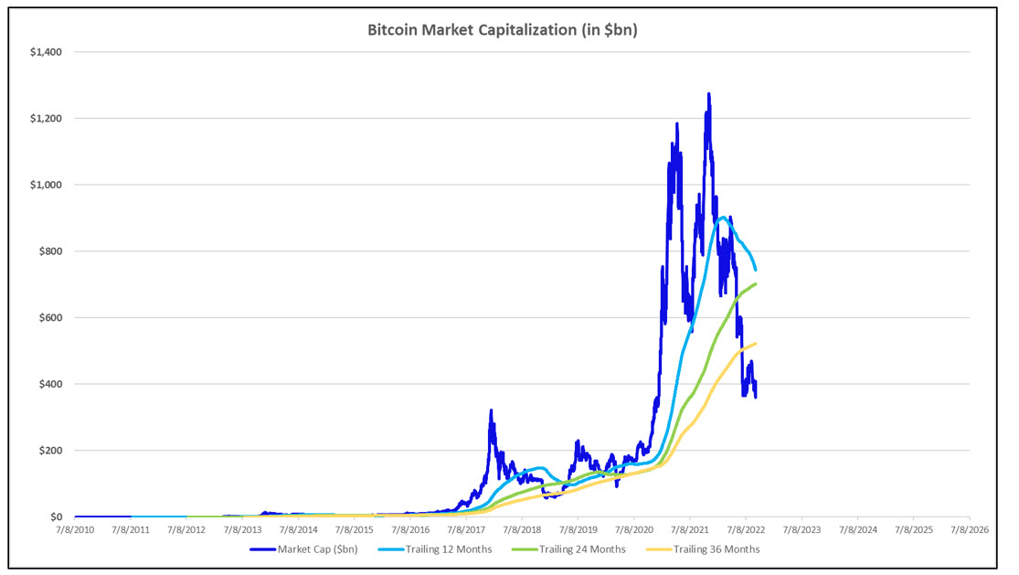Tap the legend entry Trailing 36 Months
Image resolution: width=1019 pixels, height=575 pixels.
716,549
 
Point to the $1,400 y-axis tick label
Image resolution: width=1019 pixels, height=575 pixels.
45,52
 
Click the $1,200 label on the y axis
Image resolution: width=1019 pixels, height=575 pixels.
45,119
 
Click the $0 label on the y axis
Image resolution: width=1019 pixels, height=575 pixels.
55,517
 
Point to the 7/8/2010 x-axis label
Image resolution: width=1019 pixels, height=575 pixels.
76,529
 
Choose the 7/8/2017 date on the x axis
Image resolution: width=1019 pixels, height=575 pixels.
466,529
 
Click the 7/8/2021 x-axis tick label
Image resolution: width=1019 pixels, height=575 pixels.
689,529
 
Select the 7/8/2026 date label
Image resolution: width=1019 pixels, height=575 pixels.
968,529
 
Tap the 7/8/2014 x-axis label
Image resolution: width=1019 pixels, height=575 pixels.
299,529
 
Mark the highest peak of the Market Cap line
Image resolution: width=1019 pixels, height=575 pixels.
708,93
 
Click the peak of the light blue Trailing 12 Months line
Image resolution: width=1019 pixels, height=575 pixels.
723,218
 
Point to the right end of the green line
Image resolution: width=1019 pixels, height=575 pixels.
756,283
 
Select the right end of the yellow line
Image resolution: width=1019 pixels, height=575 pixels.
756,343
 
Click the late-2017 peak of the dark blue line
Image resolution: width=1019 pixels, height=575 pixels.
491,410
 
